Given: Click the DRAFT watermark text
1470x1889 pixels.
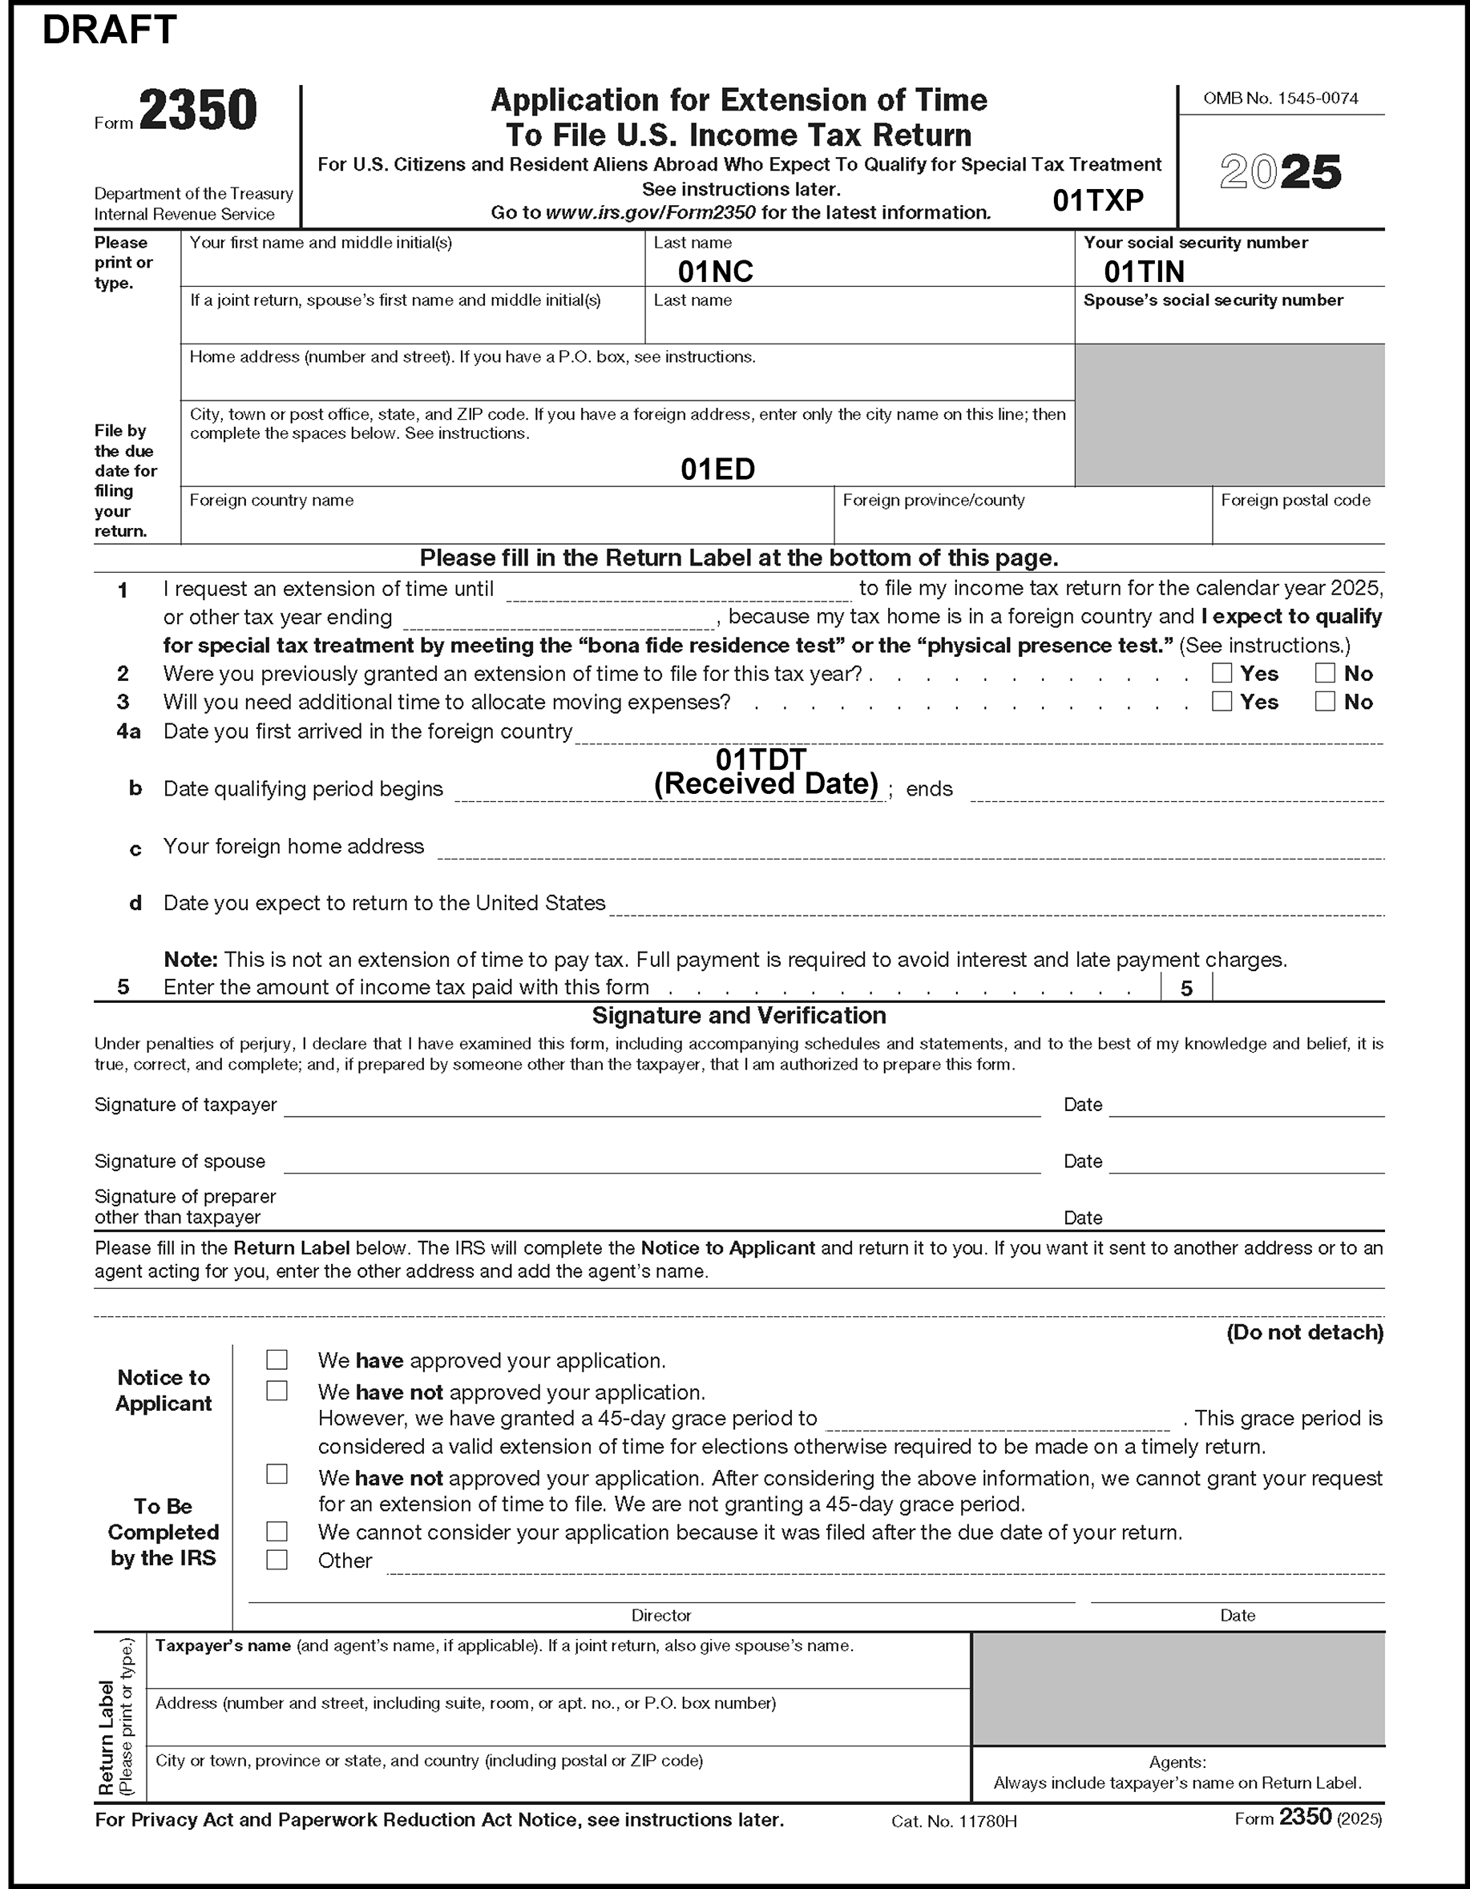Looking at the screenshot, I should coord(109,30).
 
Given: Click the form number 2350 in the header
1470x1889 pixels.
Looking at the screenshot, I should coord(198,111).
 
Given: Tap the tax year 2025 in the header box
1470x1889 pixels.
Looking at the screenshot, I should coord(1281,172).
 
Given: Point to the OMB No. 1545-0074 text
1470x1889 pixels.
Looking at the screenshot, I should coord(1281,99).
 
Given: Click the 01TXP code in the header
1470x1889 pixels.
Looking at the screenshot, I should coord(1098,200).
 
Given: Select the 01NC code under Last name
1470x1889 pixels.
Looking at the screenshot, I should coord(716,272).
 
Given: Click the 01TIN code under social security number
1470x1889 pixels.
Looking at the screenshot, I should coord(1144,272).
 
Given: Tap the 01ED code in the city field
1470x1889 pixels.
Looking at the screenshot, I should coord(717,469).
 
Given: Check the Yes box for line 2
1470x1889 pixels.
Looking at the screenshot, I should coord(1222,673).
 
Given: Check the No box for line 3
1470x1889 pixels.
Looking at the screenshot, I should coord(1325,702).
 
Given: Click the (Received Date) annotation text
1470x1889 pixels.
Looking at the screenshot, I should coord(765,783).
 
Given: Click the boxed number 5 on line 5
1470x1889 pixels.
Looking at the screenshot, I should coord(1186,989).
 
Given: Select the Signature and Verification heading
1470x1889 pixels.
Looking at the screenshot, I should coord(739,1016).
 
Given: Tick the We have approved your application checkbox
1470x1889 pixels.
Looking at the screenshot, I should coord(277,1360).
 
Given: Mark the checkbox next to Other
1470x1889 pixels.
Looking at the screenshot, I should coord(277,1561).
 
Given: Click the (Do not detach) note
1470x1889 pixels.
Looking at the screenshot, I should coord(1304,1333).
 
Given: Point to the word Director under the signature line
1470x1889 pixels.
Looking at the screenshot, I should coord(661,1616).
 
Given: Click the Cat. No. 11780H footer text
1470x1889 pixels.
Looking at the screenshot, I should coord(954,1822).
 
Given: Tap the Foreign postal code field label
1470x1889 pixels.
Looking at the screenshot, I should coord(1295,501).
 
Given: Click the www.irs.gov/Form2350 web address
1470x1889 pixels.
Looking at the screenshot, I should coord(651,213).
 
